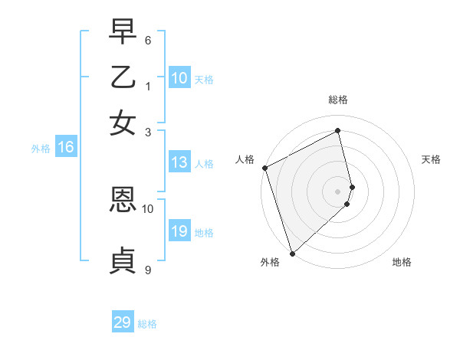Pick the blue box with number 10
point(179,78)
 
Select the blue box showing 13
point(179,162)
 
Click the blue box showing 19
point(179,231)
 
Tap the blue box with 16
point(65,148)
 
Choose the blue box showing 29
point(123,322)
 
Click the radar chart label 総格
point(338,100)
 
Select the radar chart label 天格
point(432,159)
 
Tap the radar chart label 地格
point(402,263)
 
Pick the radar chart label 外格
point(270,263)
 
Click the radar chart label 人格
point(245,159)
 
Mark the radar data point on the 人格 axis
point(264,168)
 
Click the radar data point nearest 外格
point(292,253)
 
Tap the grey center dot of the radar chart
point(338,191)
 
